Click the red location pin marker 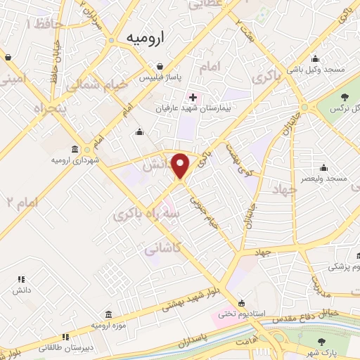click(x=181, y=165)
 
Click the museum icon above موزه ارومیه click(x=108, y=314)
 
